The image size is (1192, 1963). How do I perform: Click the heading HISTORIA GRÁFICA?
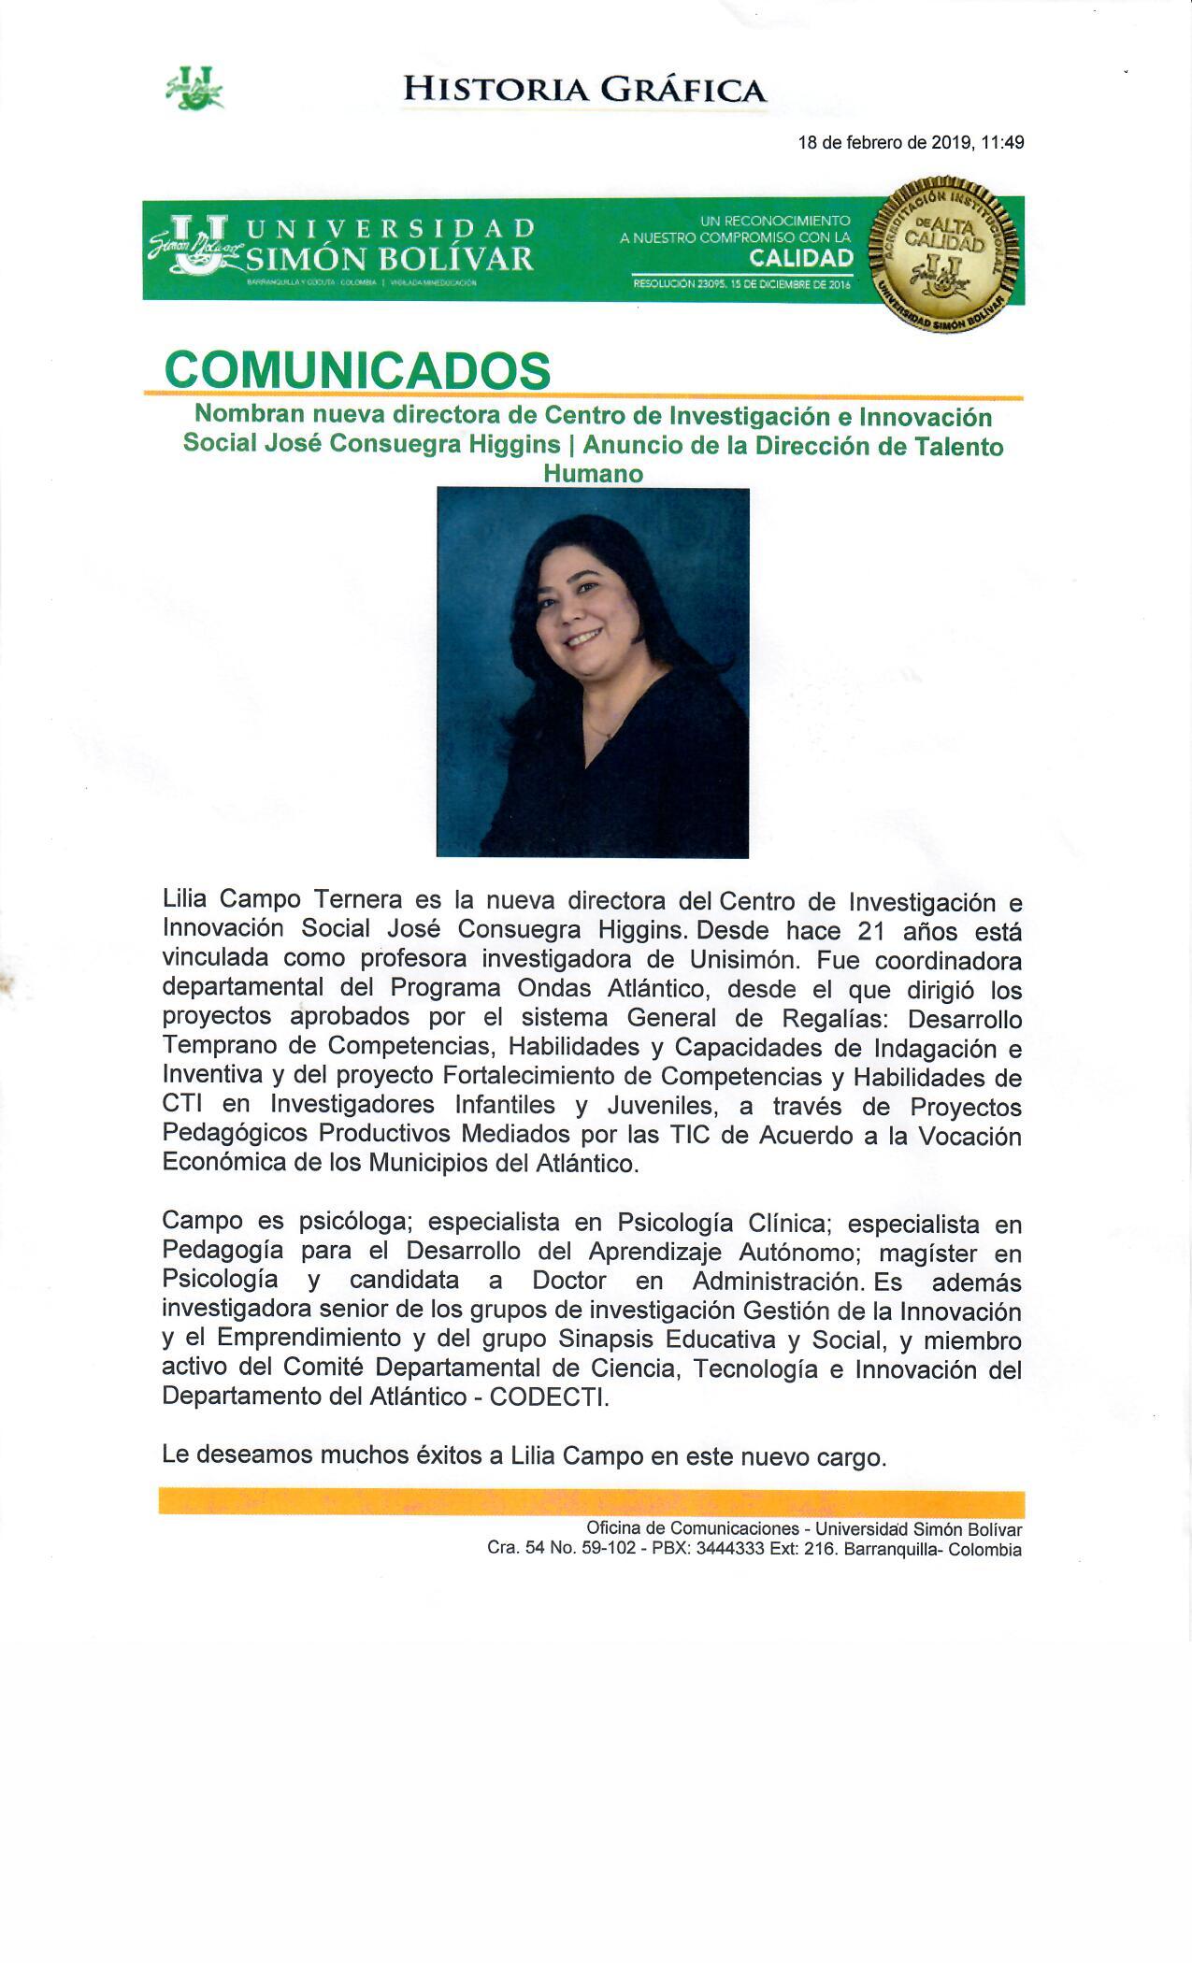(x=584, y=90)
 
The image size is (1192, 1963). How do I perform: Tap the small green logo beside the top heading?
(x=195, y=88)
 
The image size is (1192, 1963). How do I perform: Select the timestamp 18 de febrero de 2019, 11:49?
(x=911, y=143)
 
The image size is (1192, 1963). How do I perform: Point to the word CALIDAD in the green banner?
(x=801, y=258)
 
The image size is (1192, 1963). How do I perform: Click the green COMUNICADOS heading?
(x=357, y=370)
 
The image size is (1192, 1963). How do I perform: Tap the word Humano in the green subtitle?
(x=593, y=473)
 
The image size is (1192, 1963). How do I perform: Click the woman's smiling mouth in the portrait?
(x=583, y=638)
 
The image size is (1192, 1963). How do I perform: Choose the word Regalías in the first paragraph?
(x=846, y=1018)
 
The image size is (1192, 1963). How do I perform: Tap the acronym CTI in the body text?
(x=182, y=1104)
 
